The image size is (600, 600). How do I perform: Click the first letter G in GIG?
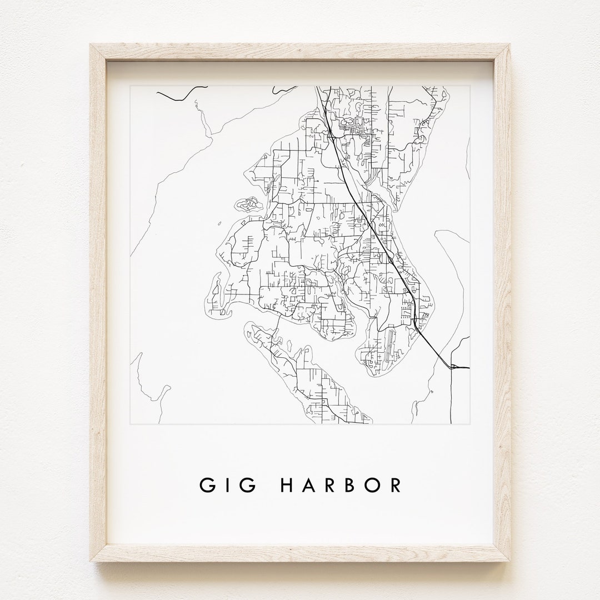coord(207,485)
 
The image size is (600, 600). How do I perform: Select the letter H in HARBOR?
coord(288,485)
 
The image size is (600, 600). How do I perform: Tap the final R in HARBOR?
coord(395,485)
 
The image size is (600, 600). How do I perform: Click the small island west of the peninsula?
coord(249,206)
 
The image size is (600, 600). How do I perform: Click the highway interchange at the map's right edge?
coord(454,366)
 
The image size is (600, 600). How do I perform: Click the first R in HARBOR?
coord(331,485)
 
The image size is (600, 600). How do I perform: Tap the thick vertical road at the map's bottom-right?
coord(451,394)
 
